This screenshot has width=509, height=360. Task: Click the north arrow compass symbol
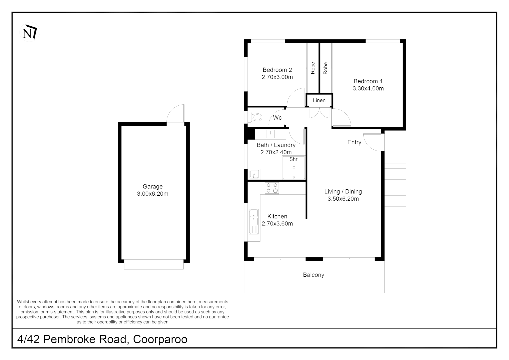pos(30,32)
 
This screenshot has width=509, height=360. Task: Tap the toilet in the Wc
pos(256,117)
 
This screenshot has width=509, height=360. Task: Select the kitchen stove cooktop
pos(272,188)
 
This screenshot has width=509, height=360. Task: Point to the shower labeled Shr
pos(294,168)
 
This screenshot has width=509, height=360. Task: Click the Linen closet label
pos(319,100)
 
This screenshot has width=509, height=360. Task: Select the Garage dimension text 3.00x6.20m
pos(153,194)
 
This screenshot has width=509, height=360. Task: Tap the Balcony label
pos(313,275)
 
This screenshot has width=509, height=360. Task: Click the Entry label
pos(354,142)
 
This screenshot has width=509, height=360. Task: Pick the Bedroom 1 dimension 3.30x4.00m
pos(368,89)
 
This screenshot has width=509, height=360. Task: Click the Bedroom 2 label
pos(277,70)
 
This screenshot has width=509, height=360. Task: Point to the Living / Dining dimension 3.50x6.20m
pos(343,199)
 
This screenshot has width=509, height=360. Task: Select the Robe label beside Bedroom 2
pos(313,68)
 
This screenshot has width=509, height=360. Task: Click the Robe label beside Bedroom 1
pos(325,68)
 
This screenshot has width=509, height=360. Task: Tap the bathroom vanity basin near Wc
pos(270,134)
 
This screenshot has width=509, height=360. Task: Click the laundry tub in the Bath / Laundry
pos(254,174)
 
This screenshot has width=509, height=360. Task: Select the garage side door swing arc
pos(175,114)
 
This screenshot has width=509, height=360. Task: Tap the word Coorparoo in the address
pos(160,339)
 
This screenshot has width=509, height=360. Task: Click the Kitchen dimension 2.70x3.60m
pos(277,224)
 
